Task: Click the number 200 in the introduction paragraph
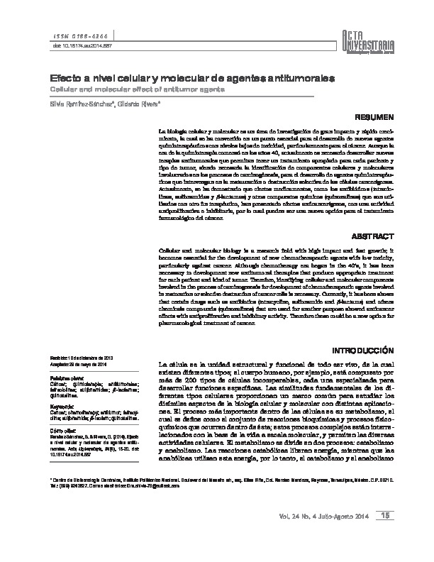pos(184,380)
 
